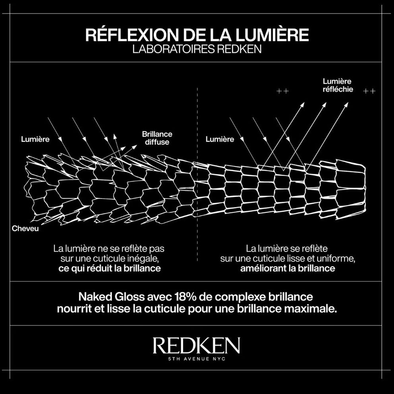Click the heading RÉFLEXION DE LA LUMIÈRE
[x=197, y=35]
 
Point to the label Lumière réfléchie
[x=337, y=85]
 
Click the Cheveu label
[x=25, y=229]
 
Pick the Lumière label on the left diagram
[x=35, y=139]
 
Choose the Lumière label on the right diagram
[x=220, y=139]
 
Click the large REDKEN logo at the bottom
[x=196, y=346]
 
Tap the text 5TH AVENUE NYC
[x=196, y=359]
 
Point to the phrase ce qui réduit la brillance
[x=109, y=268]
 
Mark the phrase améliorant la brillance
[x=288, y=268]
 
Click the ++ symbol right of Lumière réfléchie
[x=369, y=91]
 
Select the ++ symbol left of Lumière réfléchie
[x=282, y=91]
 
